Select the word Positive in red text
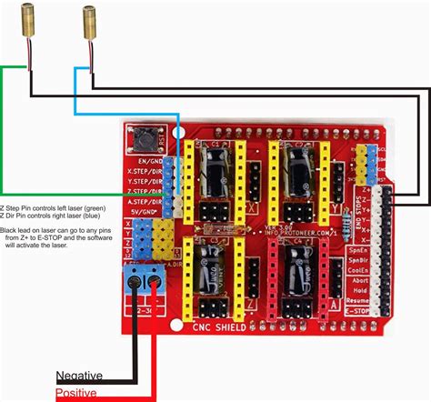[76, 393]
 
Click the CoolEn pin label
[357, 268]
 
